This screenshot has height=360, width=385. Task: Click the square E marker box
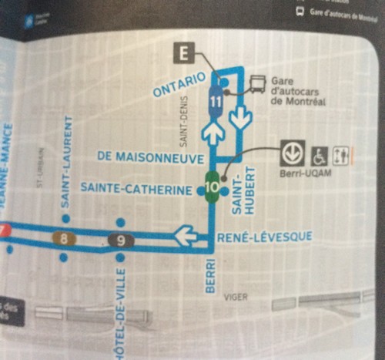[x=183, y=55]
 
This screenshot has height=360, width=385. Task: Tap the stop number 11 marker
[x=216, y=99]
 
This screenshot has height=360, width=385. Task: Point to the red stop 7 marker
[x=3, y=230]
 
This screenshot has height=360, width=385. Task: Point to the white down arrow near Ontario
[x=242, y=119]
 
